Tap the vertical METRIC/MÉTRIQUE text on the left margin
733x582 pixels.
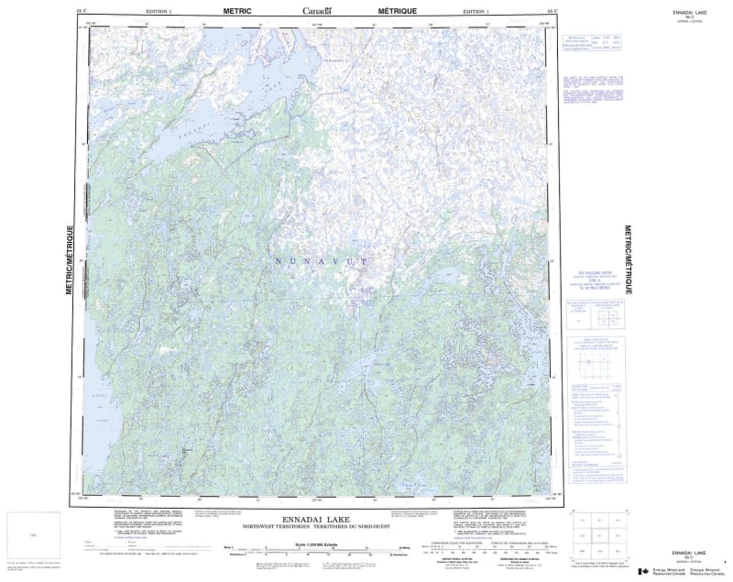click(70, 258)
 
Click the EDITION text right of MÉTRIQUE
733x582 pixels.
click(476, 11)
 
